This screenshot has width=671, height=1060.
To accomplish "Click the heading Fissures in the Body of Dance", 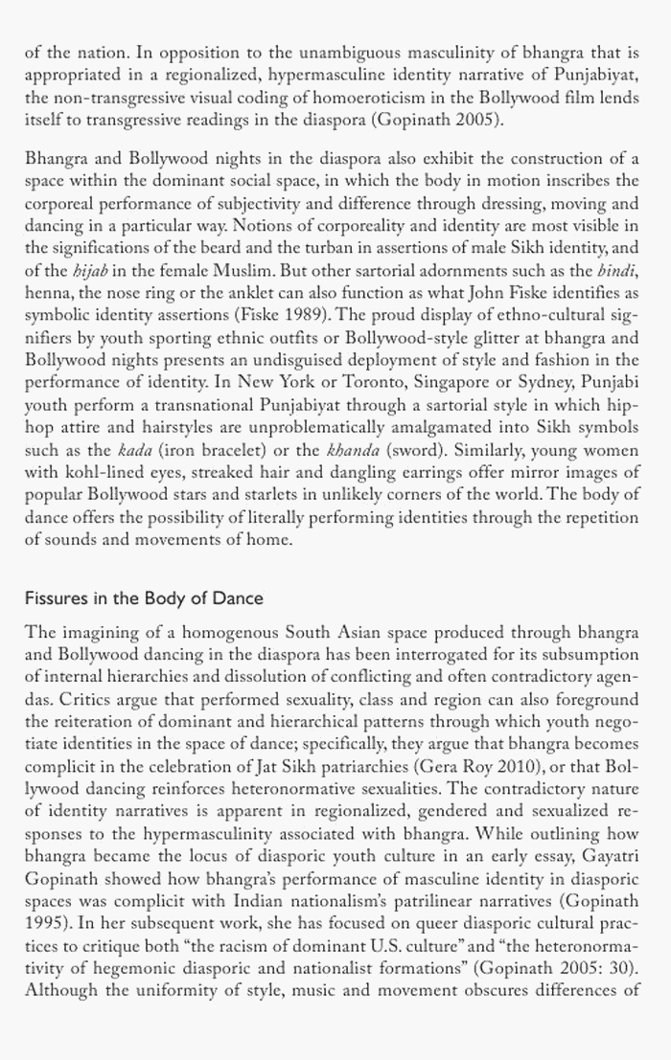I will pyautogui.click(x=144, y=598).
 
